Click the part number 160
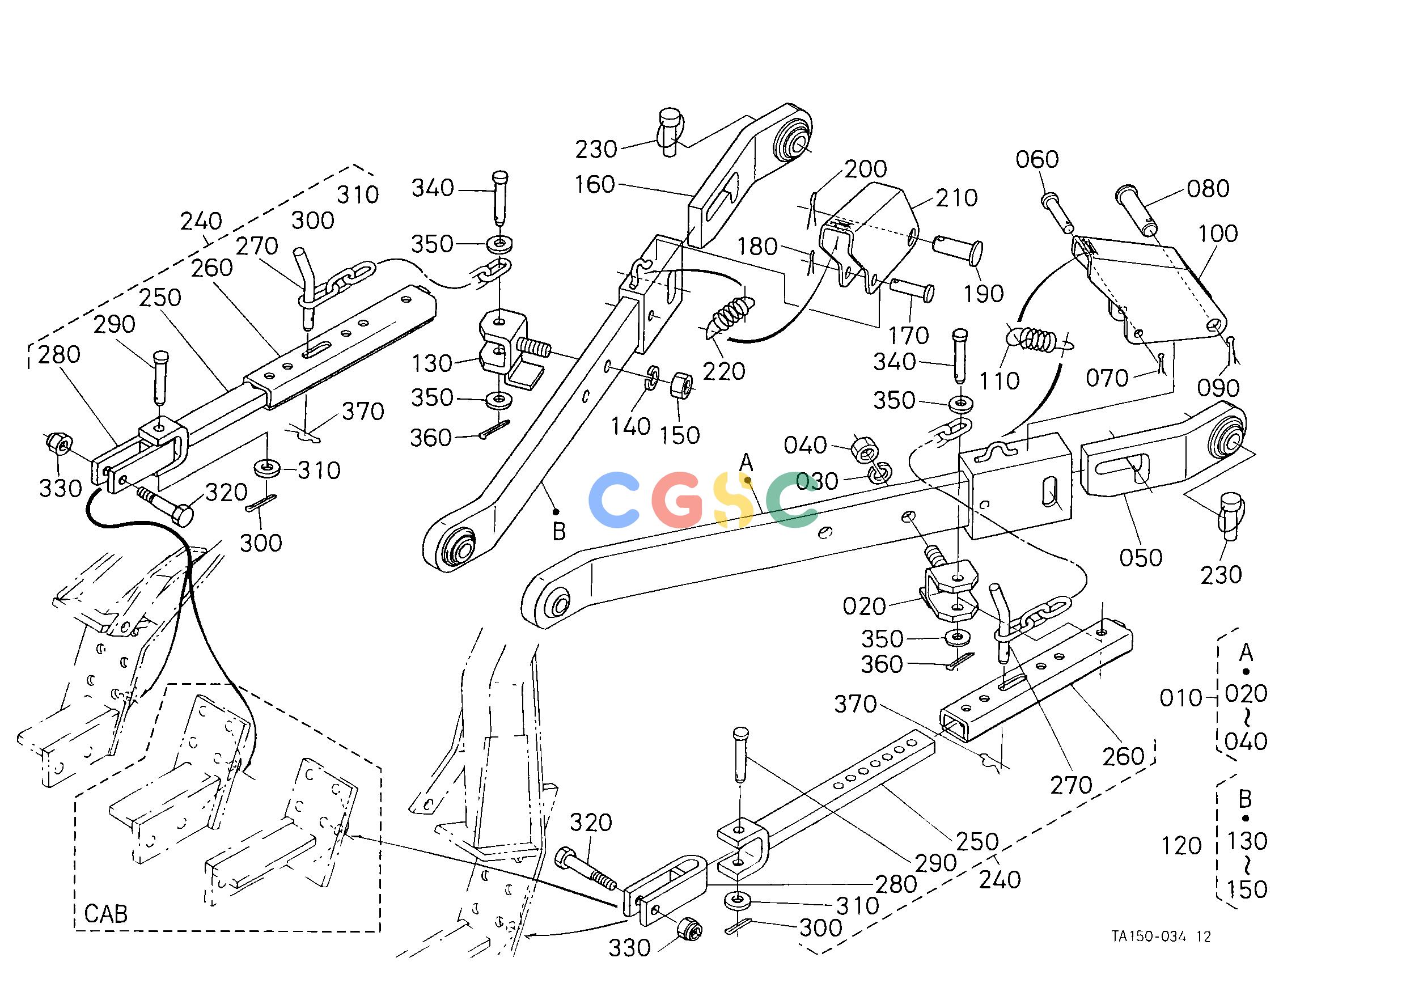point(594,184)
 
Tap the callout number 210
point(956,198)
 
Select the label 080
point(1208,188)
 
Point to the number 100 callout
point(1218,234)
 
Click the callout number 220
point(724,371)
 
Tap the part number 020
point(864,607)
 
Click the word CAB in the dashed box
point(105,914)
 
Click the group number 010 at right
point(1180,698)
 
